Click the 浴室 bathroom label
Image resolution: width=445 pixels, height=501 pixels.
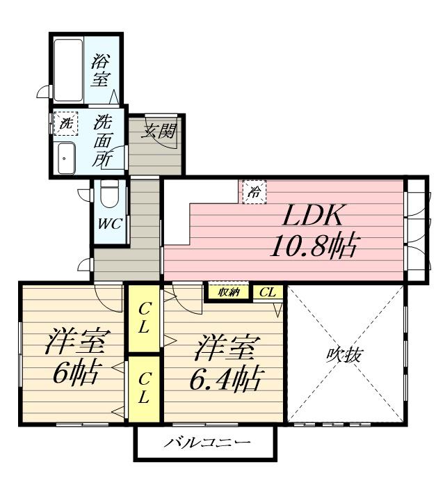pyautogui.click(x=102, y=70)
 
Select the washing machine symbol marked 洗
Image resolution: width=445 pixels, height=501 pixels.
pyautogui.click(x=66, y=124)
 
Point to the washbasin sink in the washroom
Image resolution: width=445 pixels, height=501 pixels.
pyautogui.click(x=67, y=159)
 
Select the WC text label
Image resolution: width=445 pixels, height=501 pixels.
pyautogui.click(x=110, y=224)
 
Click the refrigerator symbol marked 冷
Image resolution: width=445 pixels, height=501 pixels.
pyautogui.click(x=254, y=192)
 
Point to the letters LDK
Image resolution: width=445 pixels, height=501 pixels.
pyautogui.click(x=311, y=216)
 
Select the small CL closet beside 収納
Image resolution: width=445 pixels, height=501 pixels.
pyautogui.click(x=268, y=292)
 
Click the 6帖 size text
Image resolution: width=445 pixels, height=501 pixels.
pyautogui.click(x=74, y=374)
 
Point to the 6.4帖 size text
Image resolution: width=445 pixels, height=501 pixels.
pyautogui.click(x=226, y=379)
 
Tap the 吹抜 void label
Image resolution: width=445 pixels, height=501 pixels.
pyautogui.click(x=345, y=354)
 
